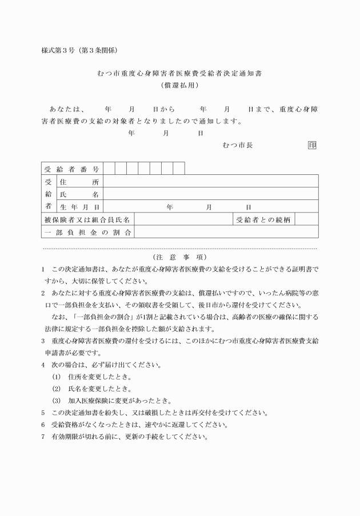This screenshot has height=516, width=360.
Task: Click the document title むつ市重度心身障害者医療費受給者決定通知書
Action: click(x=180, y=74)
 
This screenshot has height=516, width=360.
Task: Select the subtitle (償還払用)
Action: click(x=180, y=85)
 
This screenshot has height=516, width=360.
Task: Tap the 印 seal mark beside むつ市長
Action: click(x=312, y=145)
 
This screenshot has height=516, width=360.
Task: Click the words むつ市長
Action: click(x=238, y=145)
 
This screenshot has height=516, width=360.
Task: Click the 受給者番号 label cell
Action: click(x=73, y=169)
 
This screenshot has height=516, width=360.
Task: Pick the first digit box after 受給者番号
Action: click(x=109, y=169)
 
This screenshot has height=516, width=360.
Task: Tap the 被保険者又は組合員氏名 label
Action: click(x=87, y=219)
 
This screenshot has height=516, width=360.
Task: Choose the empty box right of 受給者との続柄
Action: click(x=306, y=219)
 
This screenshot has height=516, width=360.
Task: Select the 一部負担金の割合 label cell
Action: click(x=87, y=232)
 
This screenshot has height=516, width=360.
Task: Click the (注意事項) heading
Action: click(x=180, y=257)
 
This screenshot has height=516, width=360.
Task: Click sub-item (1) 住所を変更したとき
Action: click(x=91, y=377)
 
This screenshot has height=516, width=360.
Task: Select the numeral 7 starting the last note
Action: click(x=43, y=437)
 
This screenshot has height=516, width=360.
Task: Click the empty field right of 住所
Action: click(x=210, y=182)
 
